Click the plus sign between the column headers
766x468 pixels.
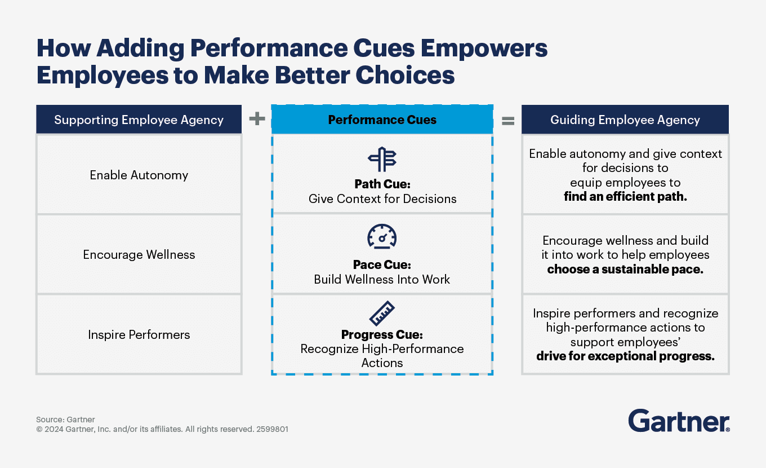[257, 119]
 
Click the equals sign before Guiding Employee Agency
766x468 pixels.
[507, 120]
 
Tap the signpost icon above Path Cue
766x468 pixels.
[382, 160]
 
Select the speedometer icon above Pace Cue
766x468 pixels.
[382, 236]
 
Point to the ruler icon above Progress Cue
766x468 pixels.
[382, 314]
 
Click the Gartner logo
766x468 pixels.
[679, 421]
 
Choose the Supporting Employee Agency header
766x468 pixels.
[139, 120]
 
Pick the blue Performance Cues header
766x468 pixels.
[382, 120]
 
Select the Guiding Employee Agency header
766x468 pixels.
[625, 120]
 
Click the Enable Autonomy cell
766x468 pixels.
[139, 175]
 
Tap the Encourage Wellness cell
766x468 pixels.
[139, 254]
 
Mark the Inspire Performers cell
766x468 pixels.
[139, 334]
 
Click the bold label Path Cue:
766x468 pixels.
[382, 184]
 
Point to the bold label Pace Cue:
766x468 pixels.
[382, 265]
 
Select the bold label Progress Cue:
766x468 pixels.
[382, 335]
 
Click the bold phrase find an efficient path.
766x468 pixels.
[625, 197]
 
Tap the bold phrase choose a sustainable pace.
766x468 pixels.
[625, 269]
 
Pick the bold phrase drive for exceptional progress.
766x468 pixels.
[625, 356]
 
